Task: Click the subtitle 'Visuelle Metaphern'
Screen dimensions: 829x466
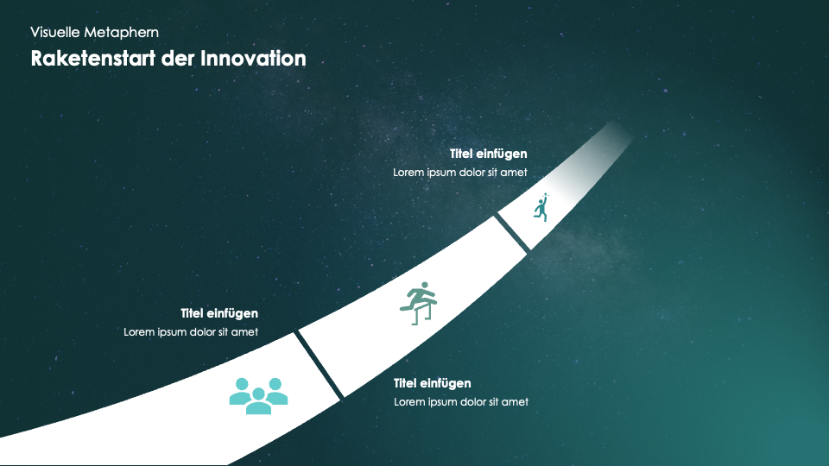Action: tap(95, 33)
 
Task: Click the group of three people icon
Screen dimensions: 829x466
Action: tap(258, 396)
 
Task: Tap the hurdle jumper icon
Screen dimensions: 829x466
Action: tap(419, 303)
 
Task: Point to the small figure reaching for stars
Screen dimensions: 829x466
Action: tap(541, 207)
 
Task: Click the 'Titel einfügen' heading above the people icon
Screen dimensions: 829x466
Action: tap(219, 313)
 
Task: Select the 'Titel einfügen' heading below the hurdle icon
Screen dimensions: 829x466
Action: tap(433, 383)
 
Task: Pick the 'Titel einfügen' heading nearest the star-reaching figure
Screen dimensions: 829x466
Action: tap(489, 154)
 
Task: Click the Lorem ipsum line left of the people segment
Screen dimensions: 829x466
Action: tap(191, 331)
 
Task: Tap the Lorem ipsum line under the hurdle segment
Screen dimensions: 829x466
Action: tap(461, 401)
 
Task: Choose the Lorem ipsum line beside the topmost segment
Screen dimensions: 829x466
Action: tap(460, 173)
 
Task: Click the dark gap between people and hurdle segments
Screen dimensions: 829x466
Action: tap(319, 364)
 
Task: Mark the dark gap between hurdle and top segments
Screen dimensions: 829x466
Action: tap(512, 234)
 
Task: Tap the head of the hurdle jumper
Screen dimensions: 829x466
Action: tap(422, 287)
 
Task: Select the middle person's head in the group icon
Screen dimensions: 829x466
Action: tap(258, 394)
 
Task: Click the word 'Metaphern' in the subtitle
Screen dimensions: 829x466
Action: tap(122, 33)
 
